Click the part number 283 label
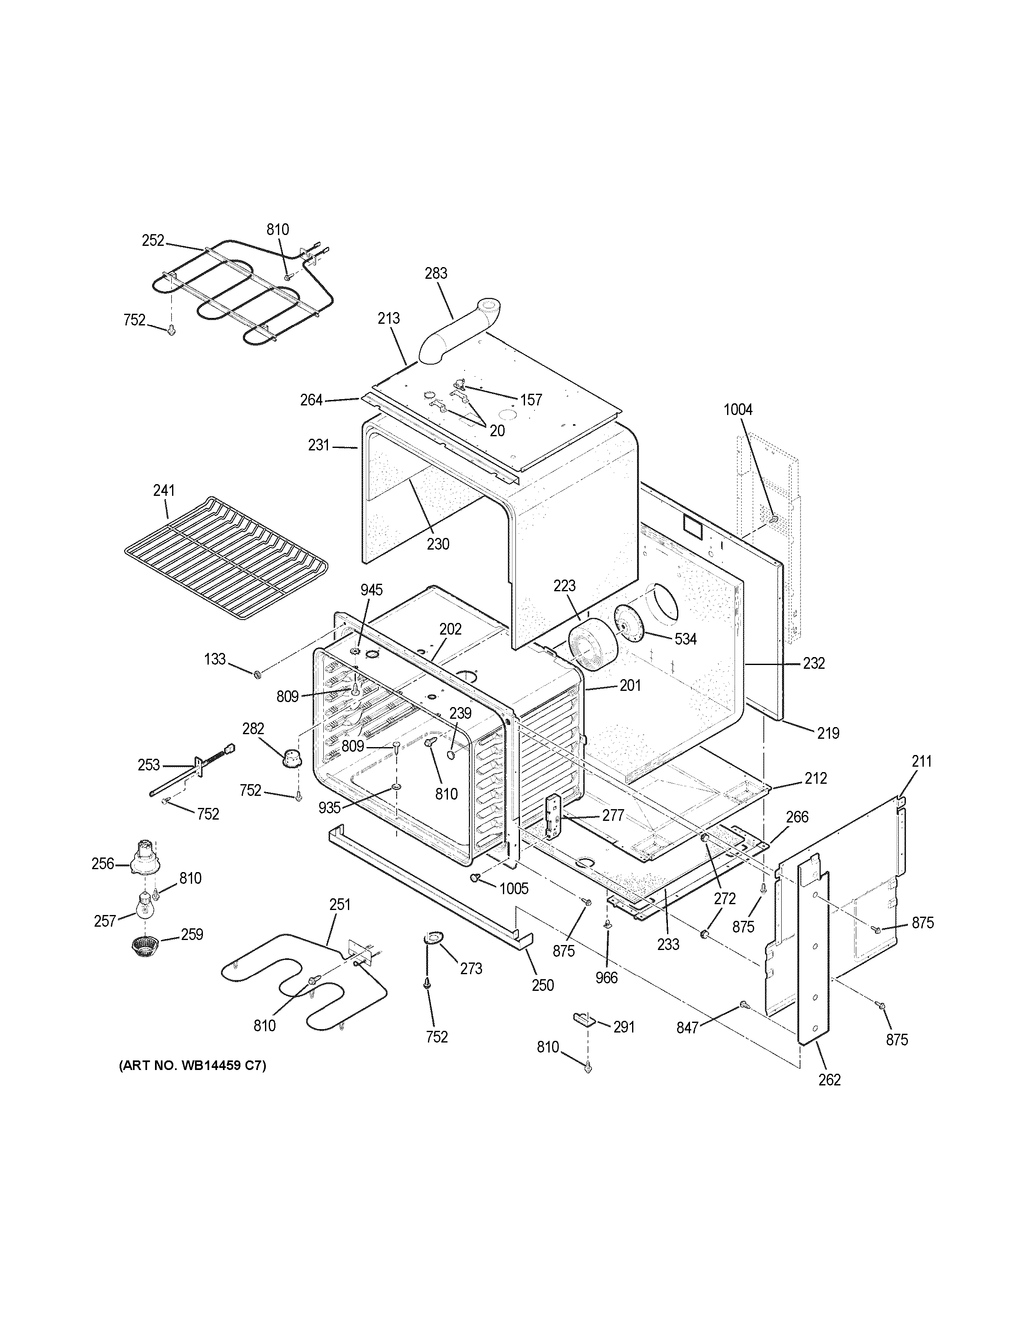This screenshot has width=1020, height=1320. [x=436, y=273]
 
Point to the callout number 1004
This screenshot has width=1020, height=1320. [x=738, y=410]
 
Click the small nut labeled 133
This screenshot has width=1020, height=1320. [x=256, y=673]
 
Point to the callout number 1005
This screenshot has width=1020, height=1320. [x=514, y=888]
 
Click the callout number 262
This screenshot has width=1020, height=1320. [x=829, y=1080]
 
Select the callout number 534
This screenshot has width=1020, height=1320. [x=685, y=639]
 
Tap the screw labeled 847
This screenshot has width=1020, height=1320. [x=744, y=1005]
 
